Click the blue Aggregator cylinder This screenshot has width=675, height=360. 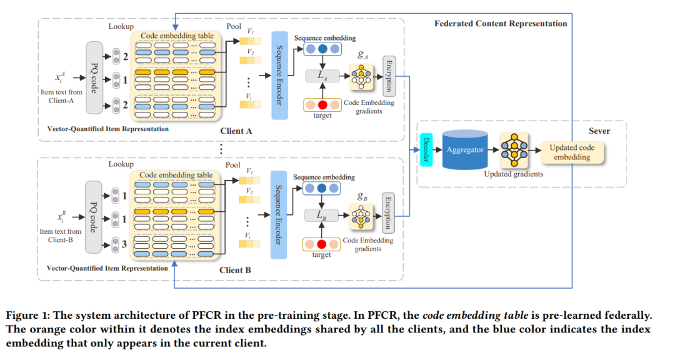tap(465, 150)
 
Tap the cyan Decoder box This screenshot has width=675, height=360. tap(426, 150)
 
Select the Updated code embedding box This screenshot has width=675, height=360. tap(572, 152)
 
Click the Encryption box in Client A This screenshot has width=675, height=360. tap(389, 76)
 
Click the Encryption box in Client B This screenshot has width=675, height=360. tap(388, 213)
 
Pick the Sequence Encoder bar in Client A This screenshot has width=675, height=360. tap(279, 76)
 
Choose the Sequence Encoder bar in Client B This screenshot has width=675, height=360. tap(279, 214)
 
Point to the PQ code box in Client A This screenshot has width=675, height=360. tap(95, 77)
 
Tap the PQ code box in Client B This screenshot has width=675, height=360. tap(93, 217)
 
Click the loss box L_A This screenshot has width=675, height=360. tap(322, 76)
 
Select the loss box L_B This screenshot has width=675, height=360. tap(322, 215)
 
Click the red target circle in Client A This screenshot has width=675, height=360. tap(322, 105)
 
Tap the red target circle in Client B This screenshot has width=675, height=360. tap(322, 244)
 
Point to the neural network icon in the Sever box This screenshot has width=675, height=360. tap(514, 150)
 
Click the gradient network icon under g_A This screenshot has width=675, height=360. tap(361, 77)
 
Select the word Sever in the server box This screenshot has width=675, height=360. tap(599, 131)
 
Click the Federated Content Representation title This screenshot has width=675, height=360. tap(501, 24)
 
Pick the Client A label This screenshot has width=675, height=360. tap(236, 131)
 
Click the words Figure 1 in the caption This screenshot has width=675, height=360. tap(26, 315)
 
